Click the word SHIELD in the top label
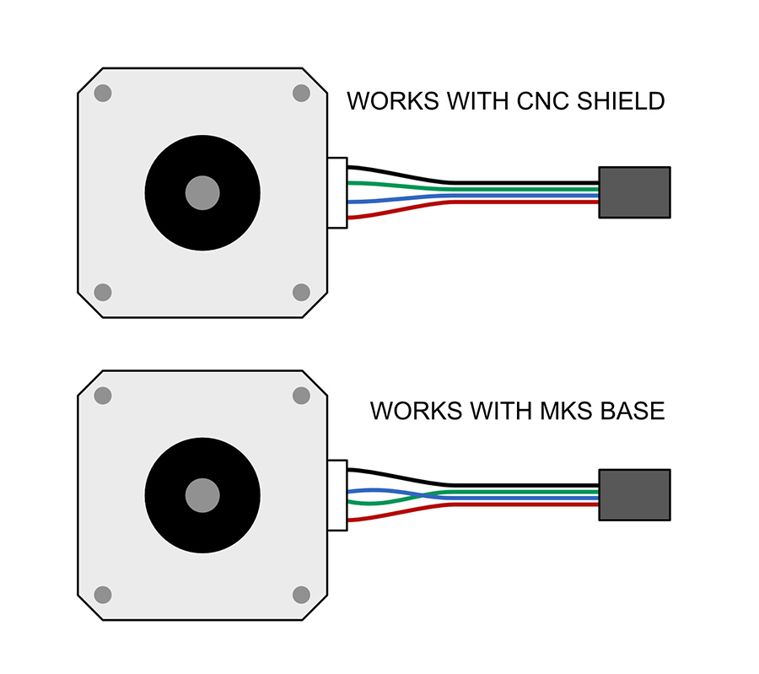tap(621, 101)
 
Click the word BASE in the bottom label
tap(632, 411)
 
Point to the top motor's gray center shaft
tap(202, 192)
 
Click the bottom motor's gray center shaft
tap(202, 495)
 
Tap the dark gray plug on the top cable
tap(634, 192)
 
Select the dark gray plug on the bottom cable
tap(634, 495)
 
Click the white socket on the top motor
tap(337, 192)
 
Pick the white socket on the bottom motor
tap(337, 495)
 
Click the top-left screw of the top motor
tap(103, 93)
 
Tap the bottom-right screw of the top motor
tap(301, 293)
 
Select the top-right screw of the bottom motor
tap(301, 396)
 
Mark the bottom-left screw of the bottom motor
tap(103, 595)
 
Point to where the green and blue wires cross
tap(423, 496)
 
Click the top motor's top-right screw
tap(301, 93)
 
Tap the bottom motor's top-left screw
tap(103, 396)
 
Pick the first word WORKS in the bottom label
tap(417, 411)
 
